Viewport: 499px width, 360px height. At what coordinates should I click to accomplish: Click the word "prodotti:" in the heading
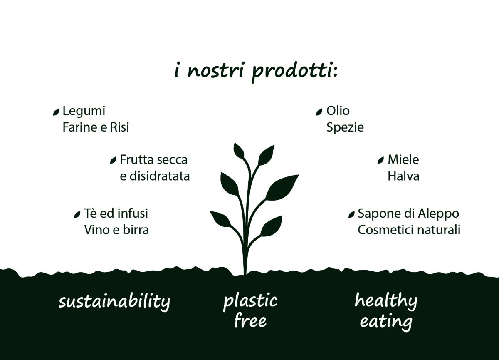click(x=295, y=72)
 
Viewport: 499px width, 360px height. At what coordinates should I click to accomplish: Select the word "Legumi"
click(x=84, y=111)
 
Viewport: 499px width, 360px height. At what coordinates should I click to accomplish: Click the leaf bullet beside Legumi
click(x=57, y=112)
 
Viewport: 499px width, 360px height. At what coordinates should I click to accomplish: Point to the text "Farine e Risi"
click(x=96, y=127)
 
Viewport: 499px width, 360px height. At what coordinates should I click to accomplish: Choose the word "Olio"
click(x=338, y=111)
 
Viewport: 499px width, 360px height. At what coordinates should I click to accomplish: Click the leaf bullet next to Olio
click(x=319, y=112)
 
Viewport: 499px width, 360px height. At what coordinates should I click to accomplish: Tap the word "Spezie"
click(x=345, y=128)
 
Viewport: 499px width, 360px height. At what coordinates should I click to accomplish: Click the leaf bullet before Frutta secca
click(x=113, y=160)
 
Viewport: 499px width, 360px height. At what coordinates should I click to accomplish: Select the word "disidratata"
click(x=160, y=176)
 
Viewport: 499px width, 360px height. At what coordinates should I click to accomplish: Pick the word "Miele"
click(x=403, y=160)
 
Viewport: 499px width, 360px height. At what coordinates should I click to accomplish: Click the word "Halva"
click(x=403, y=176)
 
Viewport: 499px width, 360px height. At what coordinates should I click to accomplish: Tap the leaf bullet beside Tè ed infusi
click(x=77, y=214)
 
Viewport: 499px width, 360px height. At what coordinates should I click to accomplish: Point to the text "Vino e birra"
click(x=116, y=230)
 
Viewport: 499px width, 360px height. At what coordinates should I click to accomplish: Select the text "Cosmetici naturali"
click(x=409, y=230)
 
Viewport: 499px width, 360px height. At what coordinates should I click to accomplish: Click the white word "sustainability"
click(x=114, y=302)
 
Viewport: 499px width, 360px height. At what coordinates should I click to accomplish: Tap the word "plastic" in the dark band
click(x=250, y=301)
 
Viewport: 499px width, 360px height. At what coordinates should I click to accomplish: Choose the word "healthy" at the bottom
click(x=386, y=301)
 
